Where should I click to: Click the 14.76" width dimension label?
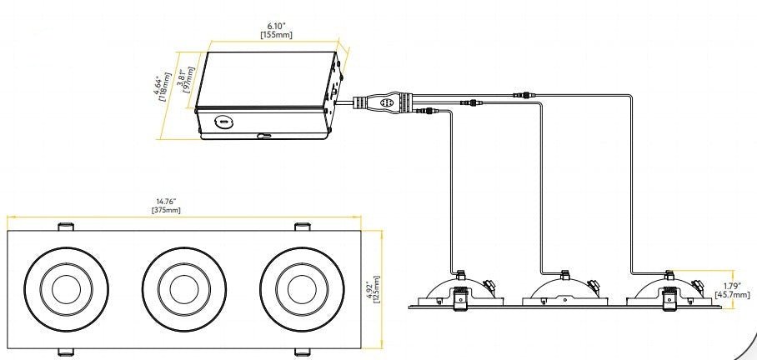pyautogui.click(x=168, y=200)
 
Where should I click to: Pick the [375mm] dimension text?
pyautogui.click(x=168, y=210)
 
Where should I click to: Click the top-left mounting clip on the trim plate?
pyautogui.click(x=66, y=226)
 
